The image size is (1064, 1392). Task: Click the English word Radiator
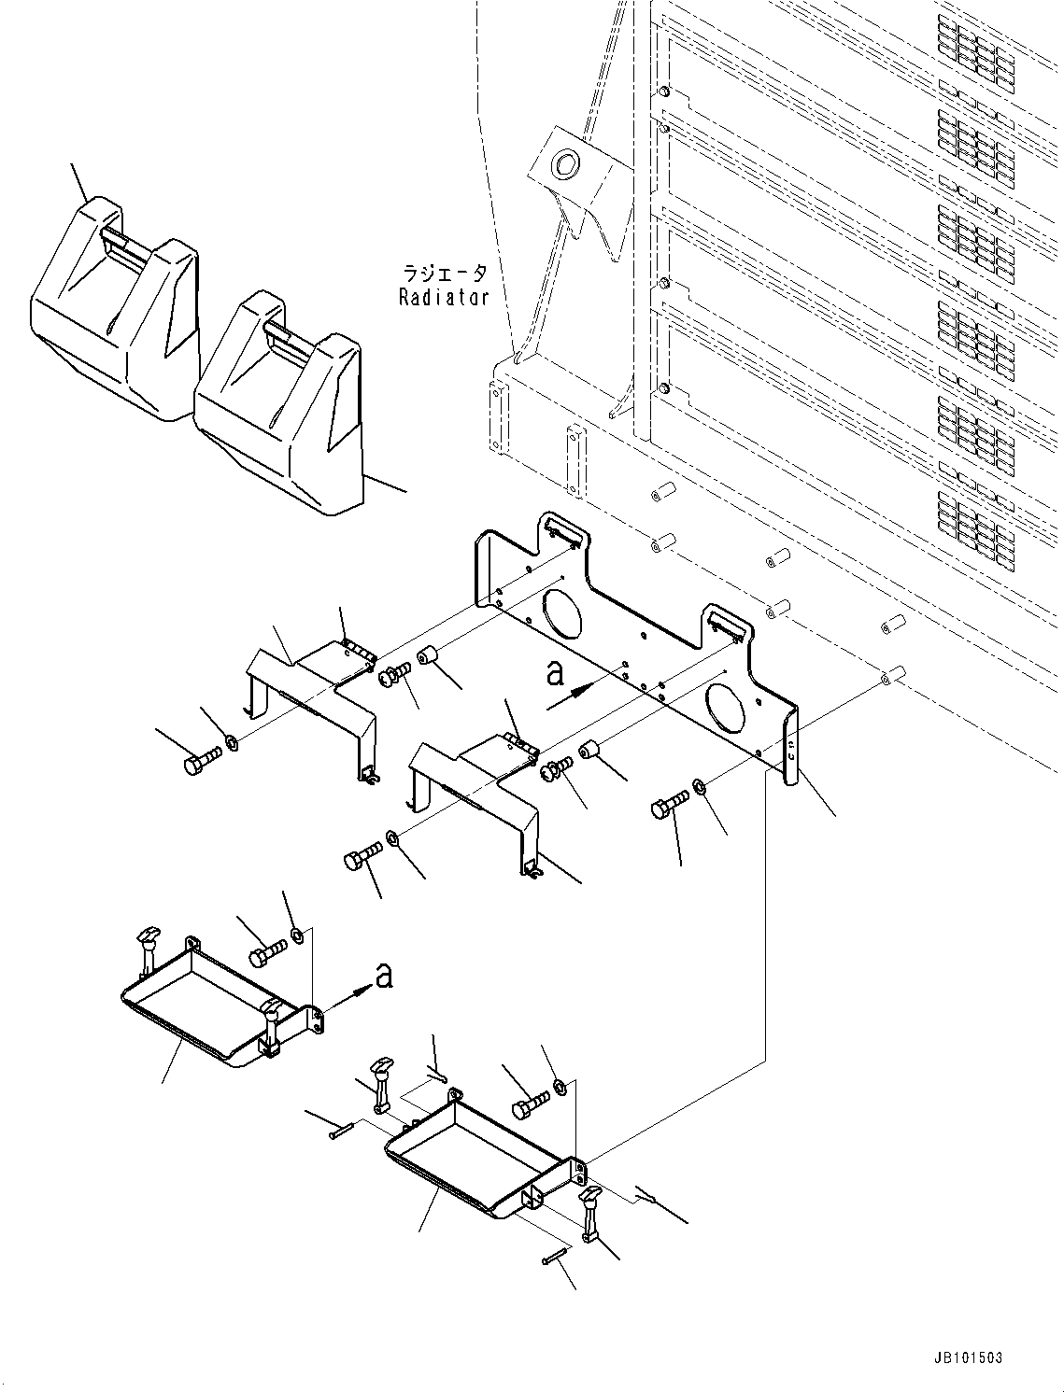(x=444, y=298)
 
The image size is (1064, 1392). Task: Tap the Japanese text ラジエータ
(x=444, y=274)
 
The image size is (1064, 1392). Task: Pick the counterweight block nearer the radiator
(x=280, y=401)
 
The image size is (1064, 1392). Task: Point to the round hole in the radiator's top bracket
(x=566, y=165)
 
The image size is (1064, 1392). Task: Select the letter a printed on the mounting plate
(x=555, y=674)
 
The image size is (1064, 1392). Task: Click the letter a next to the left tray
(x=383, y=976)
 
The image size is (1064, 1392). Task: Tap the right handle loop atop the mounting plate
(x=726, y=623)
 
